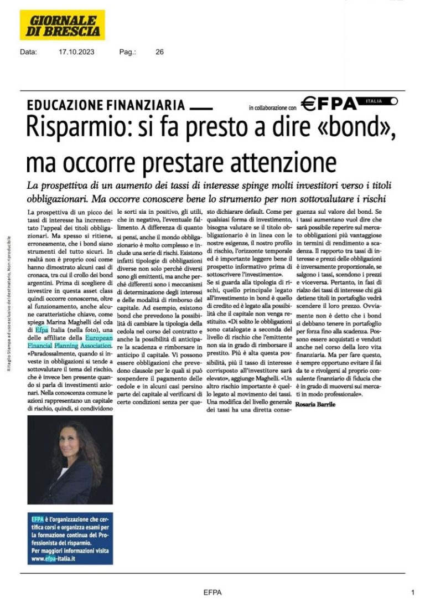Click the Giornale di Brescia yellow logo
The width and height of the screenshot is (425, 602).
point(63,25)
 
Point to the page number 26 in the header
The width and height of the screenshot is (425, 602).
point(159,52)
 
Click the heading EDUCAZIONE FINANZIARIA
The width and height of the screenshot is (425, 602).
point(105,104)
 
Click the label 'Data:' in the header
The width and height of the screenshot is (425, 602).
point(28,52)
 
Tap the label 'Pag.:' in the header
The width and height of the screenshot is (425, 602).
point(127,52)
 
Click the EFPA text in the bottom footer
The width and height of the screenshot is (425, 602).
point(212,593)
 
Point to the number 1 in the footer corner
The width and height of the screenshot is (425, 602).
point(413,592)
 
